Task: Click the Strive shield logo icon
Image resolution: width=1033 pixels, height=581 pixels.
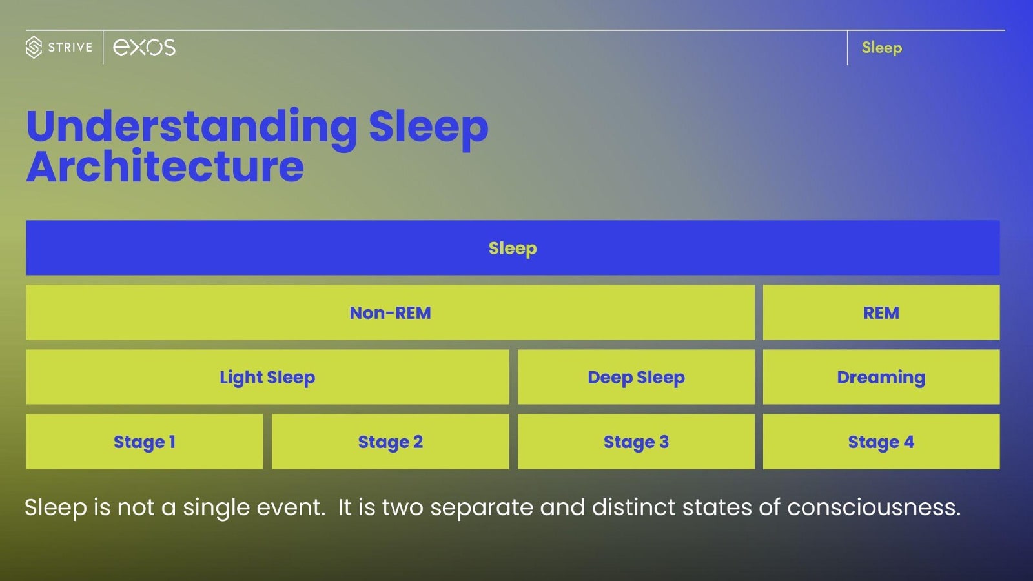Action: [x=34, y=47]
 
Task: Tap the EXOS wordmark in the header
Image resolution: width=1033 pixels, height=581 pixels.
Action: [x=144, y=47]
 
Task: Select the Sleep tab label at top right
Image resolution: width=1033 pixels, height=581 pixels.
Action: [x=881, y=48]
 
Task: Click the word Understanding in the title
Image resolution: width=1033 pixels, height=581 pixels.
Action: [x=192, y=127]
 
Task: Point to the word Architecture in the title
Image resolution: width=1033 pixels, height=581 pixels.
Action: [x=165, y=167]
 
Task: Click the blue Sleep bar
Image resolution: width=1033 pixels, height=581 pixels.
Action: [x=513, y=248]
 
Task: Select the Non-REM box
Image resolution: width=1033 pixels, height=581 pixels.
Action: [x=390, y=312]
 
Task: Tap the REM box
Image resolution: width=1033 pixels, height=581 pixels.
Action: [x=881, y=312]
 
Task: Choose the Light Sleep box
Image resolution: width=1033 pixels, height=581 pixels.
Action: [x=267, y=377]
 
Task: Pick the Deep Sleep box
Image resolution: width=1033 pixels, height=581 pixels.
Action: [x=636, y=377]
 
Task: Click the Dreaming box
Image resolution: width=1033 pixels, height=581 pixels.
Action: [x=881, y=377]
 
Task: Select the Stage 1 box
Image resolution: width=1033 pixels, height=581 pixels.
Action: [x=144, y=442]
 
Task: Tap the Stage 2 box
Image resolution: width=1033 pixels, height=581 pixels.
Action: [x=390, y=442]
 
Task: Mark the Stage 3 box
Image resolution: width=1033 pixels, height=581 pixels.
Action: [x=636, y=442]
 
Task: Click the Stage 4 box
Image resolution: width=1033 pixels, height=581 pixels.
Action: [x=881, y=442]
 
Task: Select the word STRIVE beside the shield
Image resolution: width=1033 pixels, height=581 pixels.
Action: [x=70, y=47]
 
